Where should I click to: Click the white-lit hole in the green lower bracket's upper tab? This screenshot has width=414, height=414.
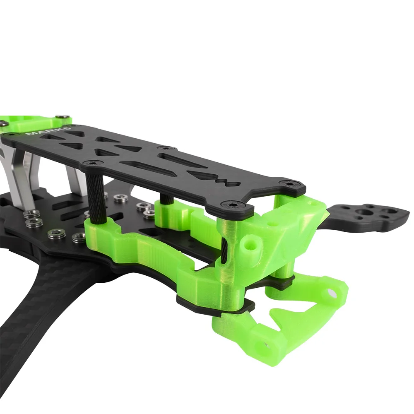point(332,293)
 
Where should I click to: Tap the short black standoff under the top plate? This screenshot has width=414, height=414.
point(167,198)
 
